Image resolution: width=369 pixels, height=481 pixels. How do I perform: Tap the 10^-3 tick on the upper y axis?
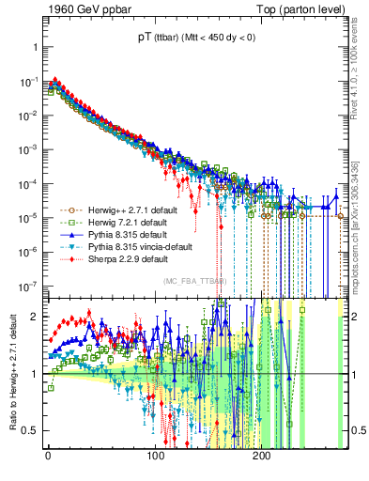click(x=28, y=149)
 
